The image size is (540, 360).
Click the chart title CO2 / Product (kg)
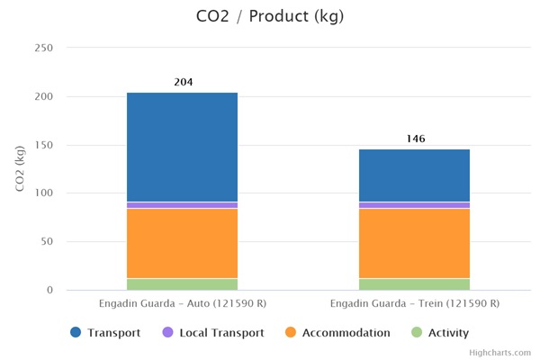(x=270, y=16)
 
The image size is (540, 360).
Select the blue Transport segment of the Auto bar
(x=182, y=147)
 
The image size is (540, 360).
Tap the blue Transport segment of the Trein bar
(x=414, y=175)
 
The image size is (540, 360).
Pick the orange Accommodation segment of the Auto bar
(x=182, y=243)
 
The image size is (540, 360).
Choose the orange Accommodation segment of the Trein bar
(x=414, y=243)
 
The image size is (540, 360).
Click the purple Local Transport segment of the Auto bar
(x=182, y=205)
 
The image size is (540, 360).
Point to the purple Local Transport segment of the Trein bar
(x=414, y=205)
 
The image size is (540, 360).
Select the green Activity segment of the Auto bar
(x=182, y=284)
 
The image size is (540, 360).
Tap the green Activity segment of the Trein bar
(x=414, y=284)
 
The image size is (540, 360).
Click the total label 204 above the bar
(x=184, y=83)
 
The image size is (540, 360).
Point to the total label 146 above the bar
(x=415, y=139)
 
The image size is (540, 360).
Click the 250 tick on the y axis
(x=43, y=48)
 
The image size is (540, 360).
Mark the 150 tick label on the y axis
(x=43, y=145)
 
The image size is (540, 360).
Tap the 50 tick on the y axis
(x=47, y=242)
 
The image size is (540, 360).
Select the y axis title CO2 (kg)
(x=20, y=168)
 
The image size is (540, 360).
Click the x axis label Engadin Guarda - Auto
(x=182, y=304)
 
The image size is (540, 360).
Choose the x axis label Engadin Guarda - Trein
(x=414, y=304)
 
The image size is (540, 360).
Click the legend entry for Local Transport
(x=212, y=333)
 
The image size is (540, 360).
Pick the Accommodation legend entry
(x=337, y=333)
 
